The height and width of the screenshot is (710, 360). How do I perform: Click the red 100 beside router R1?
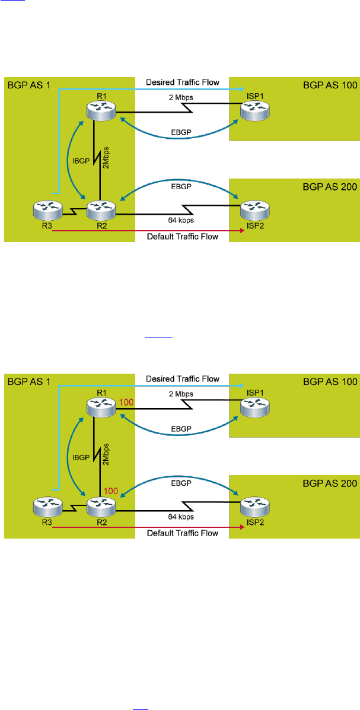click(126, 403)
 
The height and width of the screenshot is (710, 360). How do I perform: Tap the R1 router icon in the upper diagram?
click(98, 110)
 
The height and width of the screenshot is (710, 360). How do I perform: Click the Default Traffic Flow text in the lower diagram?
click(183, 533)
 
